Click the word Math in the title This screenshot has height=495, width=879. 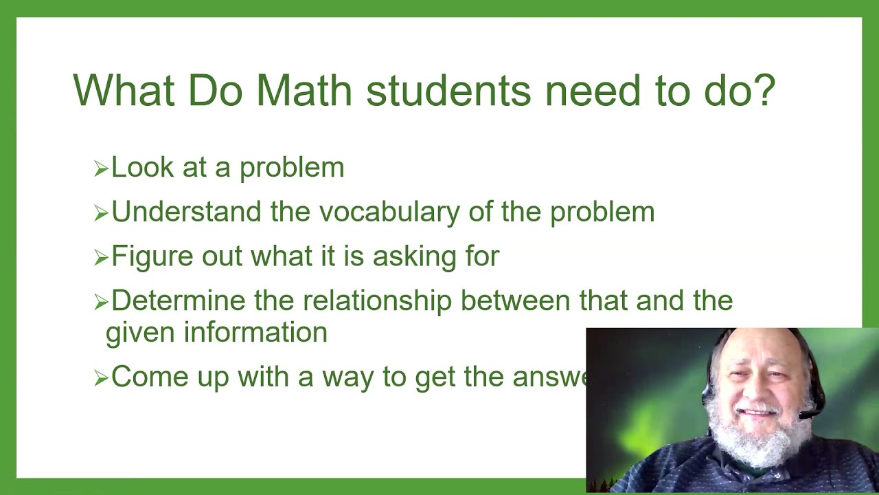pos(304,89)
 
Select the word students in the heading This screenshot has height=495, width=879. pos(448,89)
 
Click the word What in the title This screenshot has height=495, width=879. pos(124,89)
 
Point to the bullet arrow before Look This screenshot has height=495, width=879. pos(101,168)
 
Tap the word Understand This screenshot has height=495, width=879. pos(187,212)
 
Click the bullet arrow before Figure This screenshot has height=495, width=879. pos(101,258)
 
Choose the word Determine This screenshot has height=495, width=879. pos(179,301)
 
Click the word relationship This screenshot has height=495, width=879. pos(378,301)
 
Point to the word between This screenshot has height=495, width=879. pos(516,301)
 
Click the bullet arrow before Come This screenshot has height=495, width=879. pos(101,378)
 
